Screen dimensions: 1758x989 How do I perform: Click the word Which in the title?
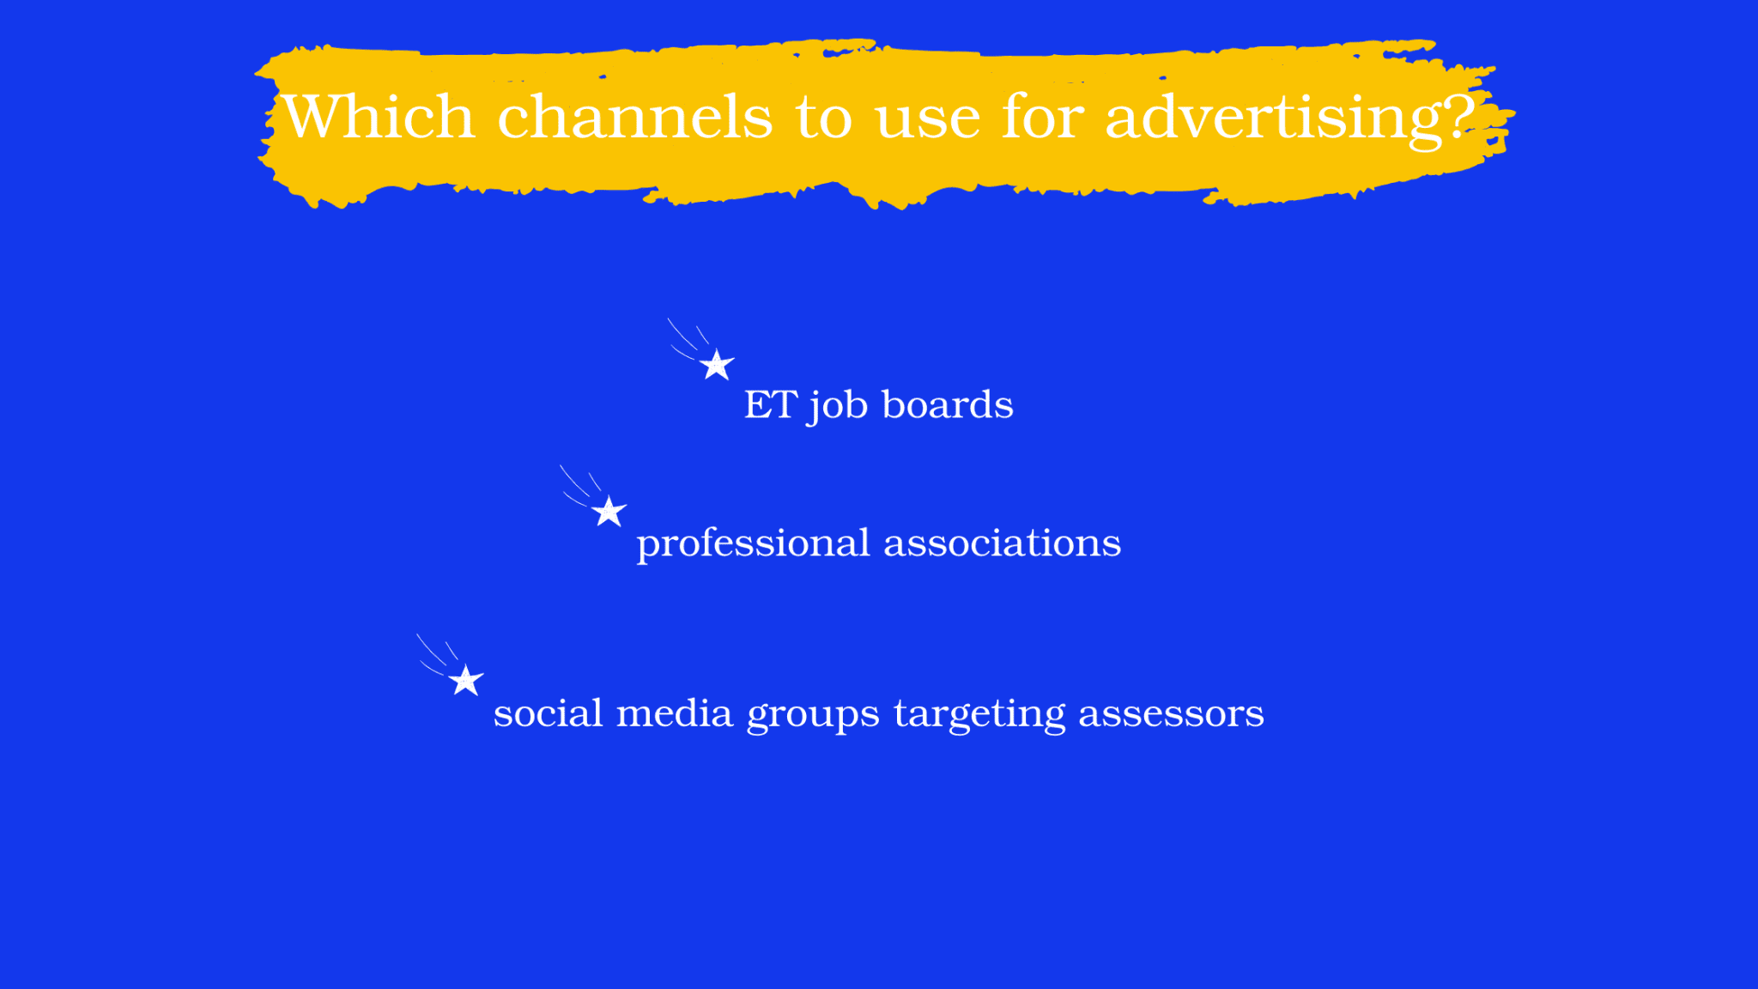coord(379,115)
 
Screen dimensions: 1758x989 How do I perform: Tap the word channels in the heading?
coord(635,115)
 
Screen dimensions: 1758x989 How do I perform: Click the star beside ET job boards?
coord(717,365)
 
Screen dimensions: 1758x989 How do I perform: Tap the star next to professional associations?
coord(609,512)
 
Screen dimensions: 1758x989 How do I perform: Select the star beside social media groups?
coord(466,681)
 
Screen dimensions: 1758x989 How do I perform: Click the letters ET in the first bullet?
coord(770,404)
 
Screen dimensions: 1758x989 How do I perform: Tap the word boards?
coord(948,403)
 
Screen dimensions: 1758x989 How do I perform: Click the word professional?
coord(754,544)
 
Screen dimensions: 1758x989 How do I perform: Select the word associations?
coord(1003,542)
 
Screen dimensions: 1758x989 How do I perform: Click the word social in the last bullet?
coord(549,713)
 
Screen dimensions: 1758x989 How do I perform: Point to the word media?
coord(675,713)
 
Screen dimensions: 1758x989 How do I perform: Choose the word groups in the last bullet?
coord(813,716)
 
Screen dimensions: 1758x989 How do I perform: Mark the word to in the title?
coord(824,118)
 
